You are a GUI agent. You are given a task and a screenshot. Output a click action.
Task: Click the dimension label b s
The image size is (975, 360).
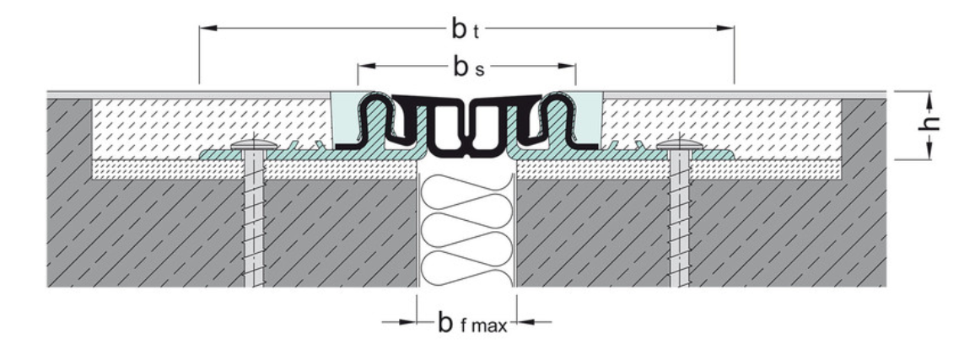(466, 67)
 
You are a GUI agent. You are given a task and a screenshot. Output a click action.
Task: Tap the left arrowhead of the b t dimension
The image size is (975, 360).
(206, 29)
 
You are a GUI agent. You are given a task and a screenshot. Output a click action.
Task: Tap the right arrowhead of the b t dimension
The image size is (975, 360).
(728, 29)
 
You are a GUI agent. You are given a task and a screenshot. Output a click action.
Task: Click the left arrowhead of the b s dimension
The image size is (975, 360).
(364, 66)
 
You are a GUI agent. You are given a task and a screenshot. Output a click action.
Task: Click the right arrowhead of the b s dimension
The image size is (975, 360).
(569, 66)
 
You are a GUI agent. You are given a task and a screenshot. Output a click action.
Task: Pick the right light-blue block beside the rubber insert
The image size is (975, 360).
(591, 118)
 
